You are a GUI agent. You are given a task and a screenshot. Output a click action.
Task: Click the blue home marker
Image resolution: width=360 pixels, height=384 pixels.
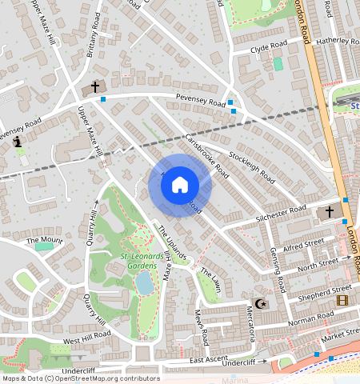(x=180, y=185)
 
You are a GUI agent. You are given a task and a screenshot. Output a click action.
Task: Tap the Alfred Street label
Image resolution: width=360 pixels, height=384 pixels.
(x=303, y=242)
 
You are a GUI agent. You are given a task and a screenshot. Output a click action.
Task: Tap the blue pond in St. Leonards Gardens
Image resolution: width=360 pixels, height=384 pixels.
(x=145, y=282)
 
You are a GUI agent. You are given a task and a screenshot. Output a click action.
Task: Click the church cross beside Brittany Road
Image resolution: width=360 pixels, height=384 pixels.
(x=95, y=87)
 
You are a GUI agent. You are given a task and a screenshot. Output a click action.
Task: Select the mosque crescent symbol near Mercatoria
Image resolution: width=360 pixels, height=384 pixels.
(x=259, y=303)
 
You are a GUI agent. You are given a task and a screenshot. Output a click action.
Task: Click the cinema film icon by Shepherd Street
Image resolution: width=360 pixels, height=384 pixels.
(x=342, y=300)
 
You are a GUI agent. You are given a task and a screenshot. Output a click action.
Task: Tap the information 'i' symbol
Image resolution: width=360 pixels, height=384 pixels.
(x=18, y=141)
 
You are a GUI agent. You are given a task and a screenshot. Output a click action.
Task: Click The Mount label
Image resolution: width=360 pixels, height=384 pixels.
(x=44, y=240)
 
